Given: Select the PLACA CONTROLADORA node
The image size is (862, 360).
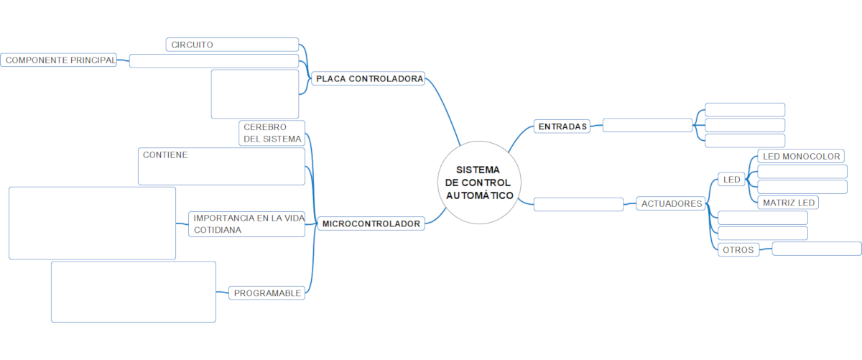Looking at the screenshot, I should pyautogui.click(x=369, y=79).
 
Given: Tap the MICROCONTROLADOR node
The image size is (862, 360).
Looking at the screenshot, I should pyautogui.click(x=371, y=223).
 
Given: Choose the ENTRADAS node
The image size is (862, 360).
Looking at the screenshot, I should pyautogui.click(x=562, y=126).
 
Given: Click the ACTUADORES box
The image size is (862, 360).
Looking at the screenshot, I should pyautogui.click(x=671, y=203).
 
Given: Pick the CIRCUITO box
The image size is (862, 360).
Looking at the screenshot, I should pyautogui.click(x=232, y=45).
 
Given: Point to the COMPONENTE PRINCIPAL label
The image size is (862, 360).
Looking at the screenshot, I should pyautogui.click(x=59, y=60).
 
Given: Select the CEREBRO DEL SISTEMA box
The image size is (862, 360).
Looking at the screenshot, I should pyautogui.click(x=272, y=133).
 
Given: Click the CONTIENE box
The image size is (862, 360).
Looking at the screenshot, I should pyautogui.click(x=221, y=166).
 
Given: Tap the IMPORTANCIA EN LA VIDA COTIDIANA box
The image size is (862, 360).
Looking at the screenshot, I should pyautogui.click(x=247, y=223).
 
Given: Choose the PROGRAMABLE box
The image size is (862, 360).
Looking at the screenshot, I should pyautogui.click(x=267, y=293).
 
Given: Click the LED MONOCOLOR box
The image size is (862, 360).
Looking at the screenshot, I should pyautogui.click(x=801, y=156).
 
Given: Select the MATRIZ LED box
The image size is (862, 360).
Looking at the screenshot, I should pyautogui.click(x=788, y=203).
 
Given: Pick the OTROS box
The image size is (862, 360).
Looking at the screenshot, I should pyautogui.click(x=738, y=249).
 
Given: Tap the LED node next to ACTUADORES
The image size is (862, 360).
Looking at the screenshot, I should pyautogui.click(x=731, y=179).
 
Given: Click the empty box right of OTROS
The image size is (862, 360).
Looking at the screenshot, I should pyautogui.click(x=816, y=249).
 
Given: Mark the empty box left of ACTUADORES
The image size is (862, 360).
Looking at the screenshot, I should pyautogui.click(x=578, y=204).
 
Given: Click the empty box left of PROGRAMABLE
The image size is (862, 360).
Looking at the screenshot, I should pyautogui.click(x=134, y=292).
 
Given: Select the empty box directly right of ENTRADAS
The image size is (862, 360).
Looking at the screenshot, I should pyautogui.click(x=647, y=125).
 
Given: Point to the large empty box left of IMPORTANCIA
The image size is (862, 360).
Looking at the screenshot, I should pyautogui.click(x=92, y=223).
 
